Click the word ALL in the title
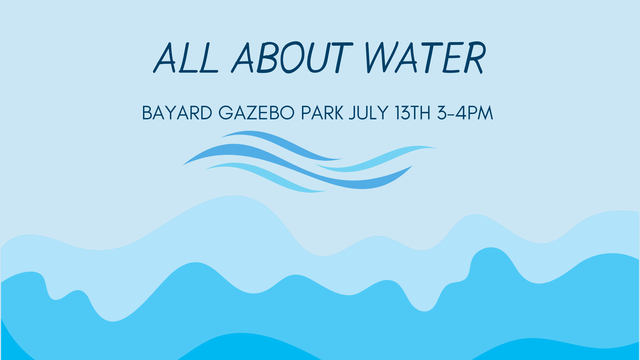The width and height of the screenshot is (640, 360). click(x=186, y=58)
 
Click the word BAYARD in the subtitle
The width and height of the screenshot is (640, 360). click(x=177, y=113)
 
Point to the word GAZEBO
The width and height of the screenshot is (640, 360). click(x=256, y=113)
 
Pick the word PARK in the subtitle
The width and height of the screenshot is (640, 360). click(x=322, y=113)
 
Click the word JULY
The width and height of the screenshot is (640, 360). click(x=369, y=113)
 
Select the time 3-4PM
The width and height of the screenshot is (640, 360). click(x=465, y=113)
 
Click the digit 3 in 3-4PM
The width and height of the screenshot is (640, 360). click(x=442, y=113)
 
